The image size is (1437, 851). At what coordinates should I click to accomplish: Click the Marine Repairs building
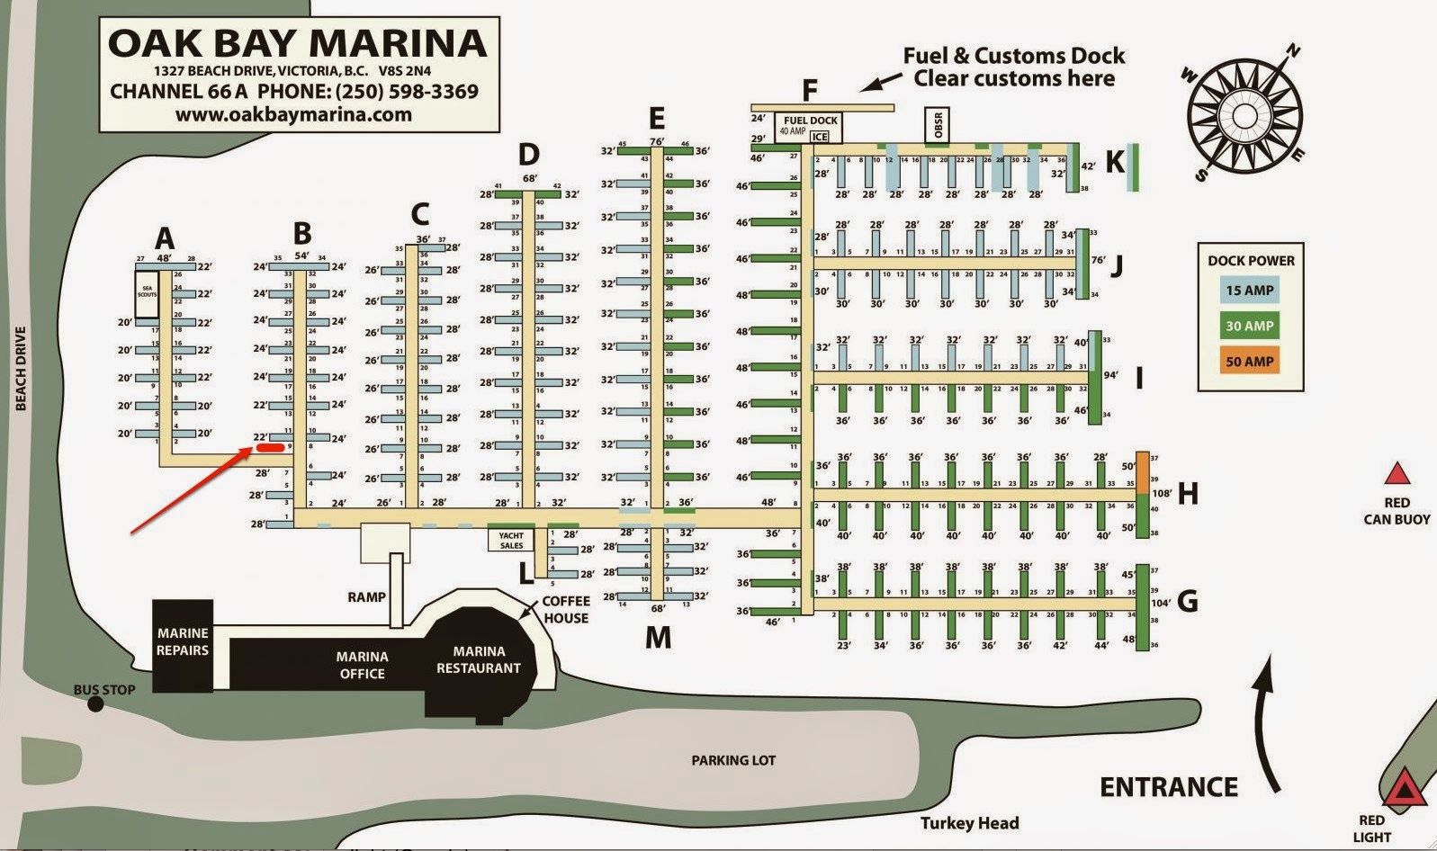coord(183,644)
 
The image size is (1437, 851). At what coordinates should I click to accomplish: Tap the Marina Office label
coord(362,665)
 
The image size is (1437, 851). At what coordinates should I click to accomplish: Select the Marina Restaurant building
coord(479,659)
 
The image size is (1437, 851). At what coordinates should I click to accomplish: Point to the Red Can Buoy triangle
coord(1397,474)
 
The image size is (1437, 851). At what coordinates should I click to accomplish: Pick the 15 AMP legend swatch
coord(1250,291)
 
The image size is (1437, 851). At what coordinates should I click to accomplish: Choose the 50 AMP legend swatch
coord(1250,362)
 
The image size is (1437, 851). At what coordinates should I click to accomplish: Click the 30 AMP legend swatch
coord(1250,326)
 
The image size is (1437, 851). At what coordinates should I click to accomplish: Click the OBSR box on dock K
coord(937,126)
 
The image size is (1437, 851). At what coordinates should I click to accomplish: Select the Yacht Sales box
coord(511,540)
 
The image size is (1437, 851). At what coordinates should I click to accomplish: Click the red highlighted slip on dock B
coord(270,446)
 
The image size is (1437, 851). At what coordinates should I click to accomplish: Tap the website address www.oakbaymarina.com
coord(293,115)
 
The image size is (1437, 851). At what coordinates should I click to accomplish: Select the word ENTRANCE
coord(1169,787)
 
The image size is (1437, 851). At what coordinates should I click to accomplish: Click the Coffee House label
coord(566,610)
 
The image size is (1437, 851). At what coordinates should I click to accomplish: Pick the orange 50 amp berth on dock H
coord(1143,472)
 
